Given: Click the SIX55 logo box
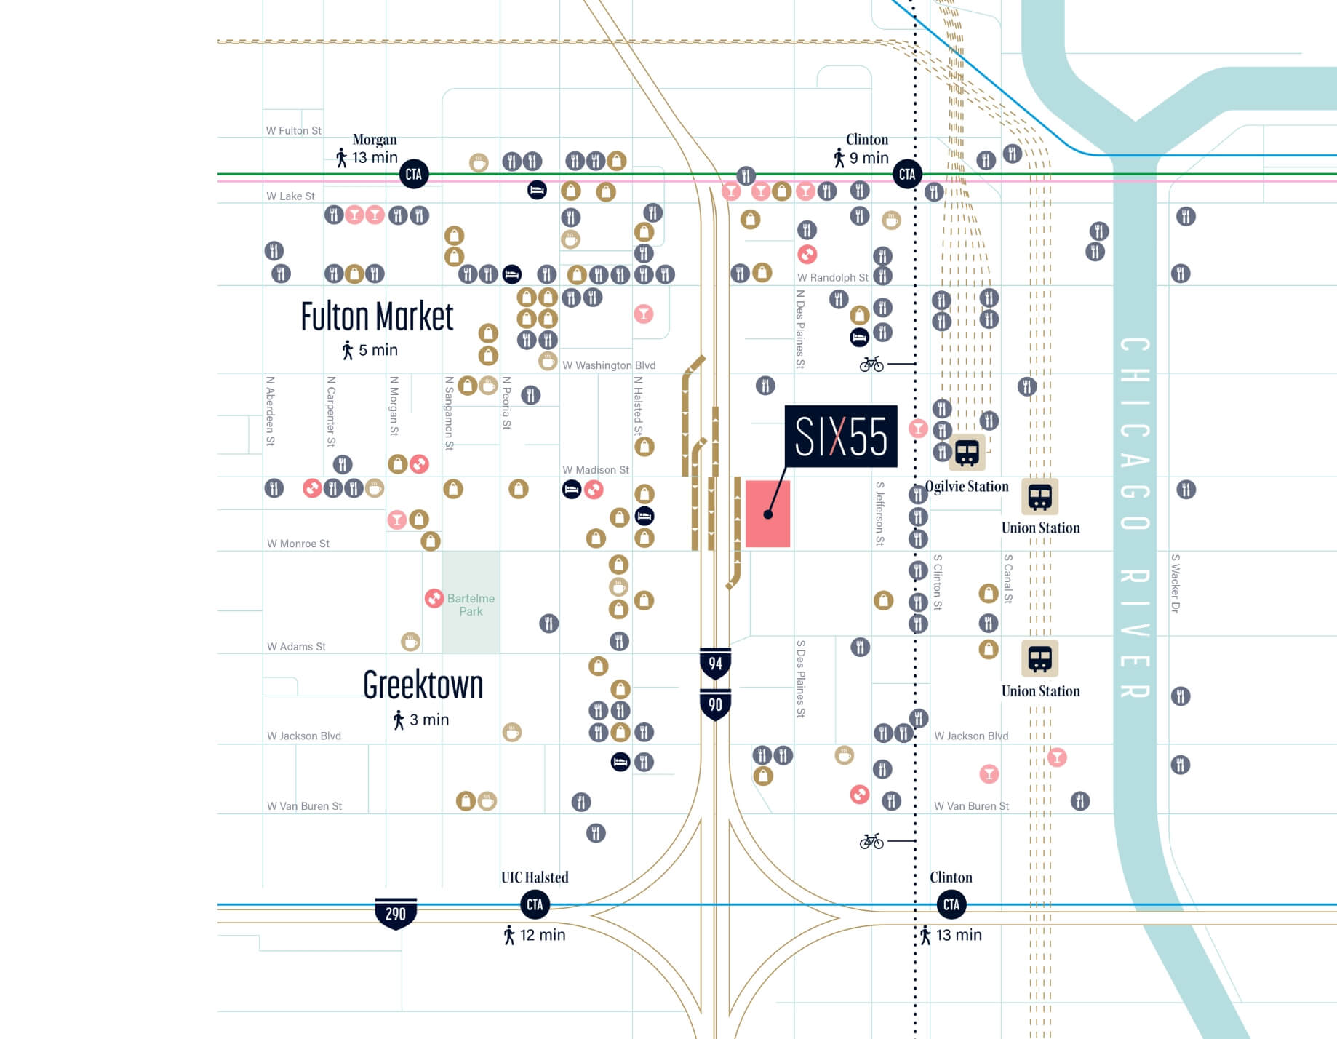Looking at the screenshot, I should (x=840, y=437).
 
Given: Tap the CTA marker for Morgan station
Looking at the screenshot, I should (x=413, y=174).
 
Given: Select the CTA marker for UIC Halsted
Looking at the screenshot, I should (x=535, y=904).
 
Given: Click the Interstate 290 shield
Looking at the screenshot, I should (x=395, y=913).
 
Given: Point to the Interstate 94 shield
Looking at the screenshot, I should (x=715, y=663).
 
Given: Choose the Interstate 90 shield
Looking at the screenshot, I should (x=715, y=704).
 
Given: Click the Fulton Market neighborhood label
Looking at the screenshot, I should (x=377, y=317).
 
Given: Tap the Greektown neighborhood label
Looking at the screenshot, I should (x=423, y=685).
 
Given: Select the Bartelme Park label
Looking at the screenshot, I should (x=471, y=605).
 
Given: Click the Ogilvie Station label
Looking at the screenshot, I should (x=966, y=487).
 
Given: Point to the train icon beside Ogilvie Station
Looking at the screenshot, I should (x=967, y=453).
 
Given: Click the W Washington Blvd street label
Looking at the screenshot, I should (x=609, y=365).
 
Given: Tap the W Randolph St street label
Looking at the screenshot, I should (x=832, y=278).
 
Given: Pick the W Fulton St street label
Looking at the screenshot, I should (x=293, y=131).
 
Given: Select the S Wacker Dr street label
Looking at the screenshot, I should (x=1175, y=584).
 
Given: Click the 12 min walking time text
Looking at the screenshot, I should (x=542, y=935).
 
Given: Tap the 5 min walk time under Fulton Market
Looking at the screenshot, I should (x=378, y=350).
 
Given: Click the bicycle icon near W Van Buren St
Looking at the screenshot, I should (x=871, y=841).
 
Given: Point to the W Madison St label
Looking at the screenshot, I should (x=595, y=470).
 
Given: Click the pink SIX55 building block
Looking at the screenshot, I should (x=767, y=514).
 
